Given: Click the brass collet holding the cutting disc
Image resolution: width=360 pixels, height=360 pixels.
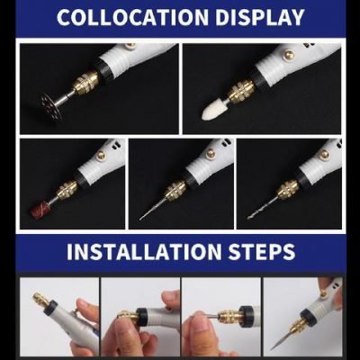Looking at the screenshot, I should (86, 84).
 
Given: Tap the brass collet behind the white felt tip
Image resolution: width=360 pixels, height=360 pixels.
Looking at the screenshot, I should (242, 91).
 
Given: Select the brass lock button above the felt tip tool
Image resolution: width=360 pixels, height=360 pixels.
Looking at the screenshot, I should (290, 56).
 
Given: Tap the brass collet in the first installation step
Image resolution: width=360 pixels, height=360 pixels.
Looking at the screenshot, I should (40, 298).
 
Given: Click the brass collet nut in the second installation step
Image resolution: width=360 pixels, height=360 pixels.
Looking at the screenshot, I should (129, 317).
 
